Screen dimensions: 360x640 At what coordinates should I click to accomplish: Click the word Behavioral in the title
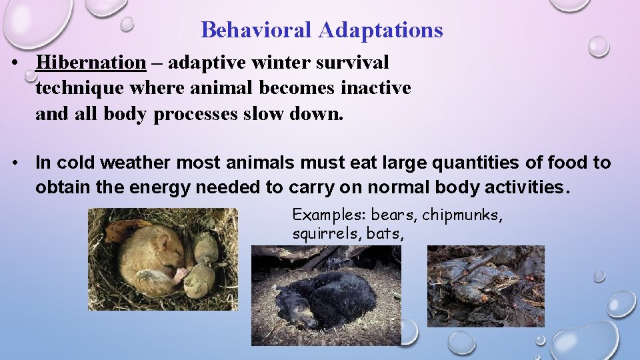click(x=257, y=30)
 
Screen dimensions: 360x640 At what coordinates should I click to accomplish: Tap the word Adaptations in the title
click(x=381, y=30)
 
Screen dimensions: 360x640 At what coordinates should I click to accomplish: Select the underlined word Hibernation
click(x=91, y=63)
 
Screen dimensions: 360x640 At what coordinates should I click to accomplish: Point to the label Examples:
click(x=329, y=215)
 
